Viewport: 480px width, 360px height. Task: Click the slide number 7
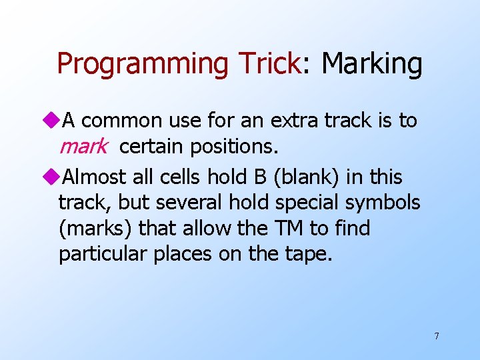437,336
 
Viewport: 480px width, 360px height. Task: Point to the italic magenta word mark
83,147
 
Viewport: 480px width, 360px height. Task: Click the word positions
231,147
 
